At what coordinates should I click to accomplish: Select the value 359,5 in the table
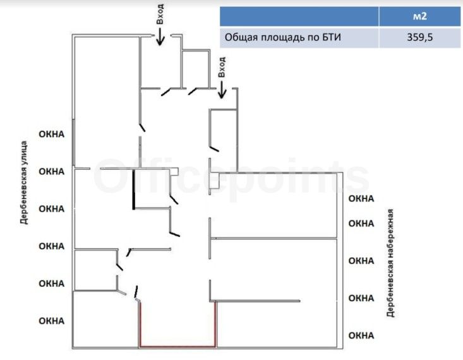pos(419,37)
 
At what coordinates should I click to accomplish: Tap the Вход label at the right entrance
pos(222,66)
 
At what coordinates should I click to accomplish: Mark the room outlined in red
pos(177,323)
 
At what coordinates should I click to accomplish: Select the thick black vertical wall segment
pos(133,189)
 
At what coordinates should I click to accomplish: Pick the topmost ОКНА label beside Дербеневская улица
pos(52,134)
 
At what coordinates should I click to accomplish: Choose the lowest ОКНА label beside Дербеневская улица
pos(52,320)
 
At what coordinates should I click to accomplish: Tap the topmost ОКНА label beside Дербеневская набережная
pos(361,198)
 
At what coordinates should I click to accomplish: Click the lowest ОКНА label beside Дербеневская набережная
pos(361,334)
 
